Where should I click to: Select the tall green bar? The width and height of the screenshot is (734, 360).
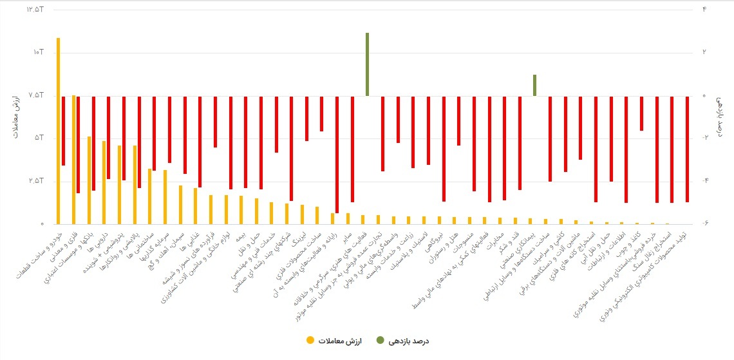[x=367, y=64]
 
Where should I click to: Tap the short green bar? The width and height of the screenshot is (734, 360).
[x=535, y=85]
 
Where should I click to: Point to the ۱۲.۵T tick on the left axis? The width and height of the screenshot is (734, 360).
[x=33, y=10]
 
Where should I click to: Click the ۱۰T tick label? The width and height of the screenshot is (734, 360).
[x=37, y=52]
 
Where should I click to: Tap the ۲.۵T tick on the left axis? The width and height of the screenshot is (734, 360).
[x=35, y=181]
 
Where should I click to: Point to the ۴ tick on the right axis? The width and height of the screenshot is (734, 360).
[x=704, y=10]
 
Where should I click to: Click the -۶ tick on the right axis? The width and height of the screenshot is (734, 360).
[x=703, y=223]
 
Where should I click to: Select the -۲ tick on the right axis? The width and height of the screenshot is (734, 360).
[x=703, y=138]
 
